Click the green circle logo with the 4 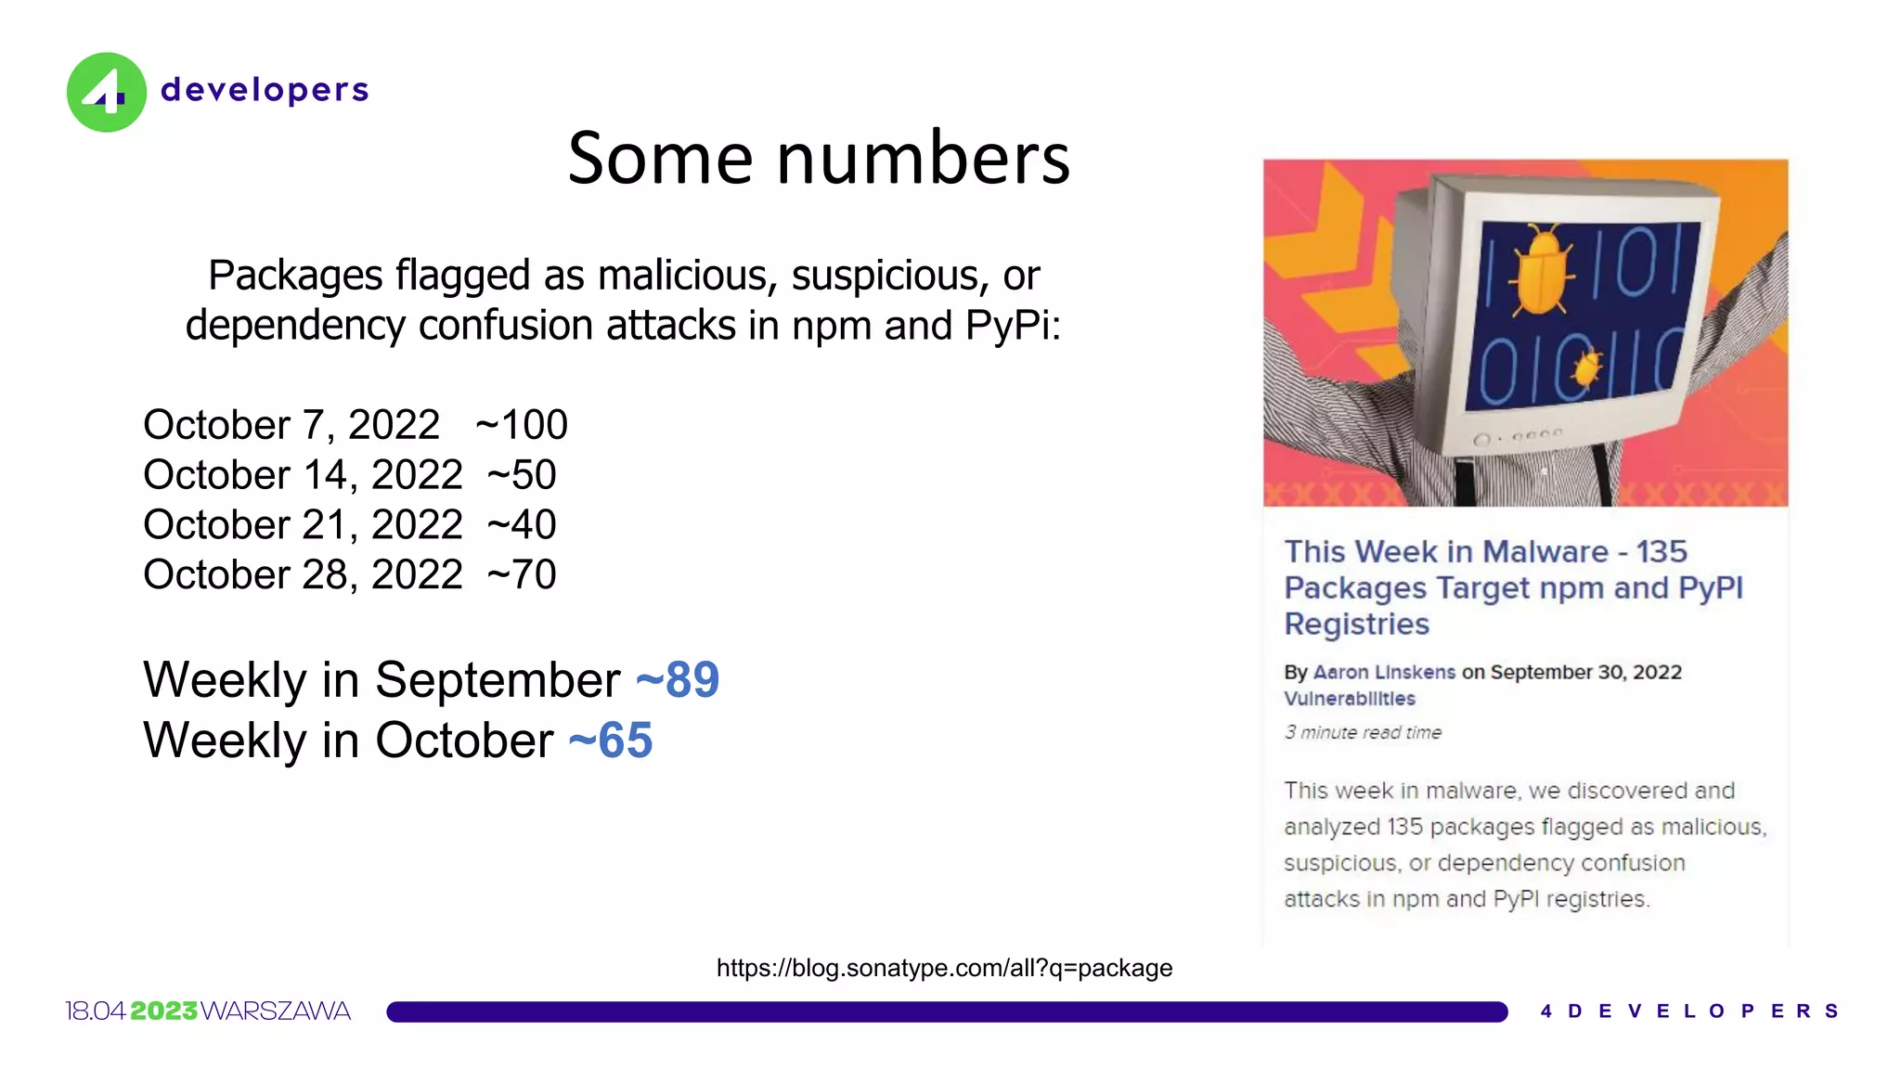click(x=106, y=92)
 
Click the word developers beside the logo click(x=265, y=90)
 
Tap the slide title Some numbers click(x=819, y=158)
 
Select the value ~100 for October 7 click(x=522, y=425)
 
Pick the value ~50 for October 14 click(x=522, y=475)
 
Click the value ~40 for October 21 click(x=522, y=525)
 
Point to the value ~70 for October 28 click(x=522, y=575)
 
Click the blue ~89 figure click(x=678, y=680)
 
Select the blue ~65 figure click(x=611, y=741)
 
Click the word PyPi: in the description click(x=1013, y=326)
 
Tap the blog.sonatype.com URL click(x=944, y=968)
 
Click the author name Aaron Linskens click(x=1384, y=672)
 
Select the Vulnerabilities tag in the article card click(x=1350, y=699)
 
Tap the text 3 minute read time click(x=1363, y=732)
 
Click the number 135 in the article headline click(x=1662, y=551)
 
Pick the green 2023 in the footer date click(x=163, y=1011)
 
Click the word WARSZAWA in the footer click(x=276, y=1011)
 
